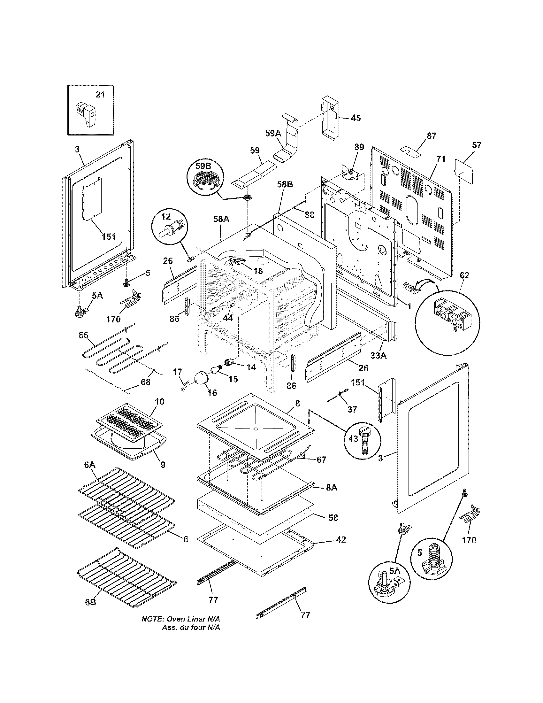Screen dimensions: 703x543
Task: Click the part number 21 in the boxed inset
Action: point(100,95)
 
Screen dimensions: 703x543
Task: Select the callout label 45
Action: point(356,118)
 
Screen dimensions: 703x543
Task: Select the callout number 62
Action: point(464,275)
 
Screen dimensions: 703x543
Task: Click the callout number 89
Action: point(359,147)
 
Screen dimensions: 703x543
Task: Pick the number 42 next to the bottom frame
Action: point(340,540)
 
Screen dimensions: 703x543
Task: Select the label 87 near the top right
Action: point(432,136)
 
